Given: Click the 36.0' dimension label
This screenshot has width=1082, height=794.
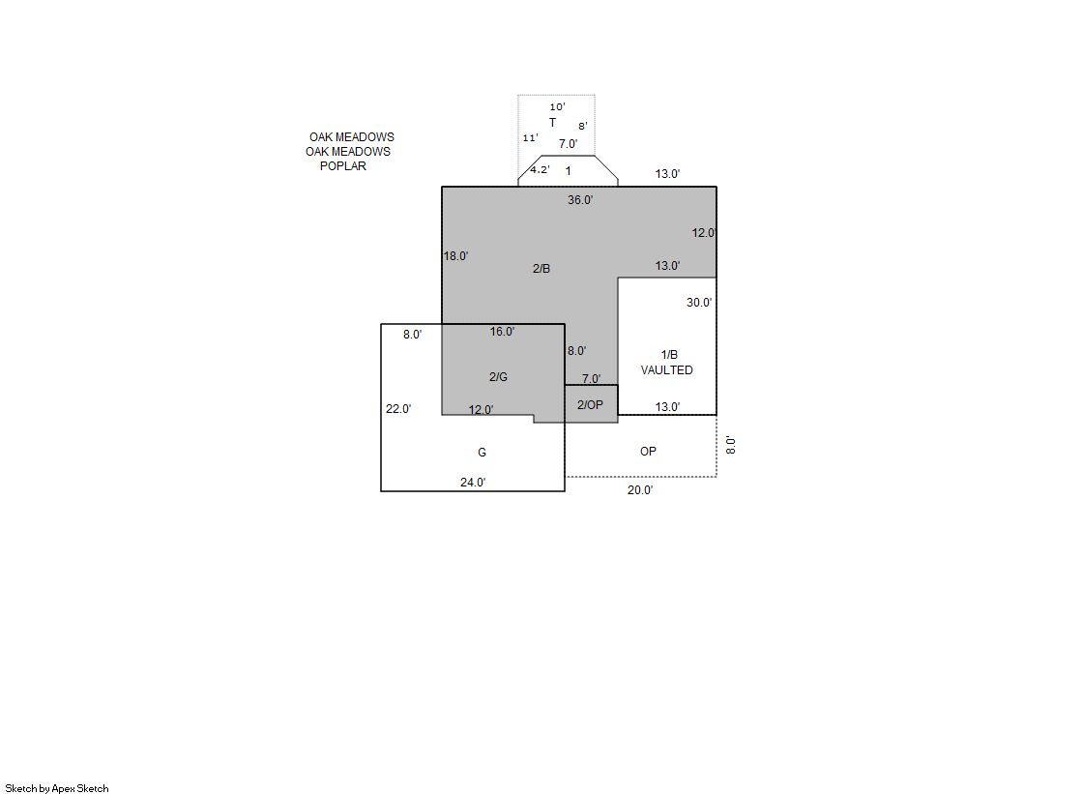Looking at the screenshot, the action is point(580,200).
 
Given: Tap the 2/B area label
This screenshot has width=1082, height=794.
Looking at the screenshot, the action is point(541,269).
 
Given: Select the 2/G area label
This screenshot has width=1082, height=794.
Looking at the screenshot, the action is point(498,377).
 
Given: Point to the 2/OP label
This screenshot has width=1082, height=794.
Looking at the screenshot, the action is point(590,404).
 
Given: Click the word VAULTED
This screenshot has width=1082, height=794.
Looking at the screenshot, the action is point(666,370).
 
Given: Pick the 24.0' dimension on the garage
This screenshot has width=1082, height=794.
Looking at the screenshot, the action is point(473,483).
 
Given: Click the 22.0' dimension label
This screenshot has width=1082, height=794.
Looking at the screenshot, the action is point(398,409).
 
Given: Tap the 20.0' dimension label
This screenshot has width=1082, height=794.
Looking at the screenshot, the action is point(640,490).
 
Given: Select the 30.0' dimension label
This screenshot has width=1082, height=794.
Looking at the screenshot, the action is point(699,303).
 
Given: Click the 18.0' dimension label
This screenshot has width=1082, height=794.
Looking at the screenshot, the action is point(455,256).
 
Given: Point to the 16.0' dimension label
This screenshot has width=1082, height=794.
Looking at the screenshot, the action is point(503,332).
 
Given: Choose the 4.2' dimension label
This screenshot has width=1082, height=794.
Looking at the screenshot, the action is point(540,170).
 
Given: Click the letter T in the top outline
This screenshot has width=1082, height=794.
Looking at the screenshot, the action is point(552,123).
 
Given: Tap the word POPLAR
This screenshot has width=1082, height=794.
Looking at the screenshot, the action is point(343,166).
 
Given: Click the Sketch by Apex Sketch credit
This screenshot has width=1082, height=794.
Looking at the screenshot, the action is point(57,788).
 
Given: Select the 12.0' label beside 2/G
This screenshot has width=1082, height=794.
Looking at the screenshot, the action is point(481,410).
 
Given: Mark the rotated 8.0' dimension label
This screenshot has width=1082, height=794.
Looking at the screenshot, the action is point(731,445).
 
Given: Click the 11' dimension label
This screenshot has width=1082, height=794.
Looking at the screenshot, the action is point(530,138).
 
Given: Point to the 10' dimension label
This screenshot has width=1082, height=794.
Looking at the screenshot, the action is point(557,107).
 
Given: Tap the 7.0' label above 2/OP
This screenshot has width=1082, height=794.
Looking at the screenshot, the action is point(592,379).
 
